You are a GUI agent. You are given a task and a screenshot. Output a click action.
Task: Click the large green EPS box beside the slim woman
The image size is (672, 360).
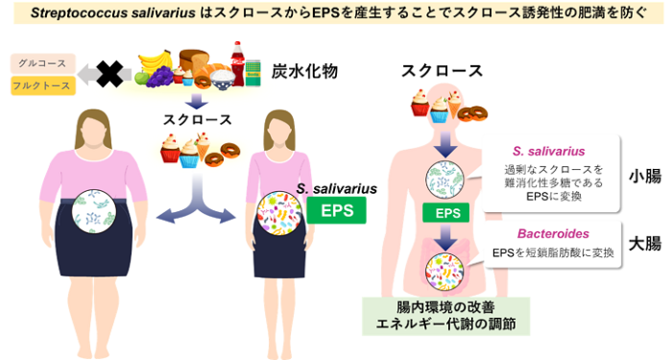click(336, 210)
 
